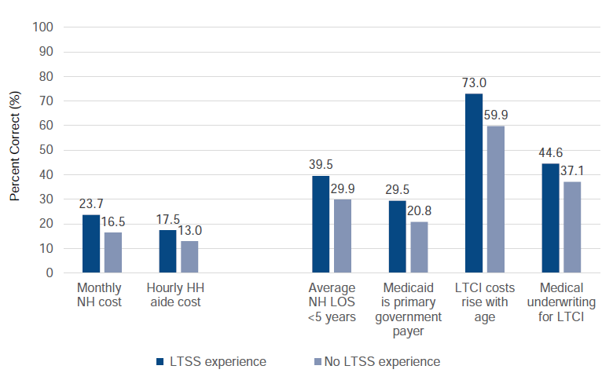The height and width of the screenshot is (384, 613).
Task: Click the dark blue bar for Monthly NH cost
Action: pyautogui.click(x=91, y=243)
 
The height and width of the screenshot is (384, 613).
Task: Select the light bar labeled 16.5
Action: pyautogui.click(x=113, y=252)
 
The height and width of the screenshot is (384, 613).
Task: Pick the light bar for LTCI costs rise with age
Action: pyautogui.click(x=496, y=199)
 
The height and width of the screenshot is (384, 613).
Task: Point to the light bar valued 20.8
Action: pyautogui.click(x=420, y=247)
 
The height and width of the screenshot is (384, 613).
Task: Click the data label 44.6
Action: pyautogui.click(x=550, y=153)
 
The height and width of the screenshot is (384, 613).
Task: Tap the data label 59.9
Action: pyautogui.click(x=496, y=115)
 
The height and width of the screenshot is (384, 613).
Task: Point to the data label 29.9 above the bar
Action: pyautogui.click(x=343, y=189)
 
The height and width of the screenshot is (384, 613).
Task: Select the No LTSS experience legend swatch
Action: pyautogui.click(x=318, y=361)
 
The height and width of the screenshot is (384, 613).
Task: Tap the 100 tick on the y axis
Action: pyautogui.click(x=42, y=27)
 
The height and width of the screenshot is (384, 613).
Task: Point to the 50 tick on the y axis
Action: pyautogui.click(x=45, y=150)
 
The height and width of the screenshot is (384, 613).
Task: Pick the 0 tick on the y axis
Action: pyautogui.click(x=49, y=273)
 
